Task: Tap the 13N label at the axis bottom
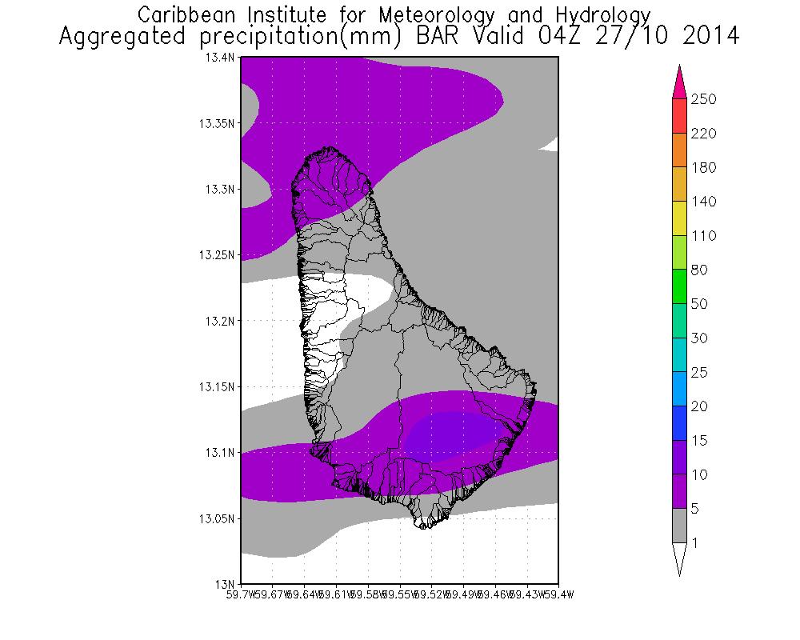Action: pyautogui.click(x=227, y=583)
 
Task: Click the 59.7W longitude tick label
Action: pyautogui.click(x=242, y=594)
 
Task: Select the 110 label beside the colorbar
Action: pyautogui.click(x=705, y=235)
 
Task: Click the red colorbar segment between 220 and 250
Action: pyautogui.click(x=679, y=116)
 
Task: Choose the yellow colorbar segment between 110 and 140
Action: pyautogui.click(x=679, y=218)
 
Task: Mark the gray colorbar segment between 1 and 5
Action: pyautogui.click(x=679, y=526)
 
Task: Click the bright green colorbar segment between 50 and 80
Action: pyautogui.click(x=679, y=287)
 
